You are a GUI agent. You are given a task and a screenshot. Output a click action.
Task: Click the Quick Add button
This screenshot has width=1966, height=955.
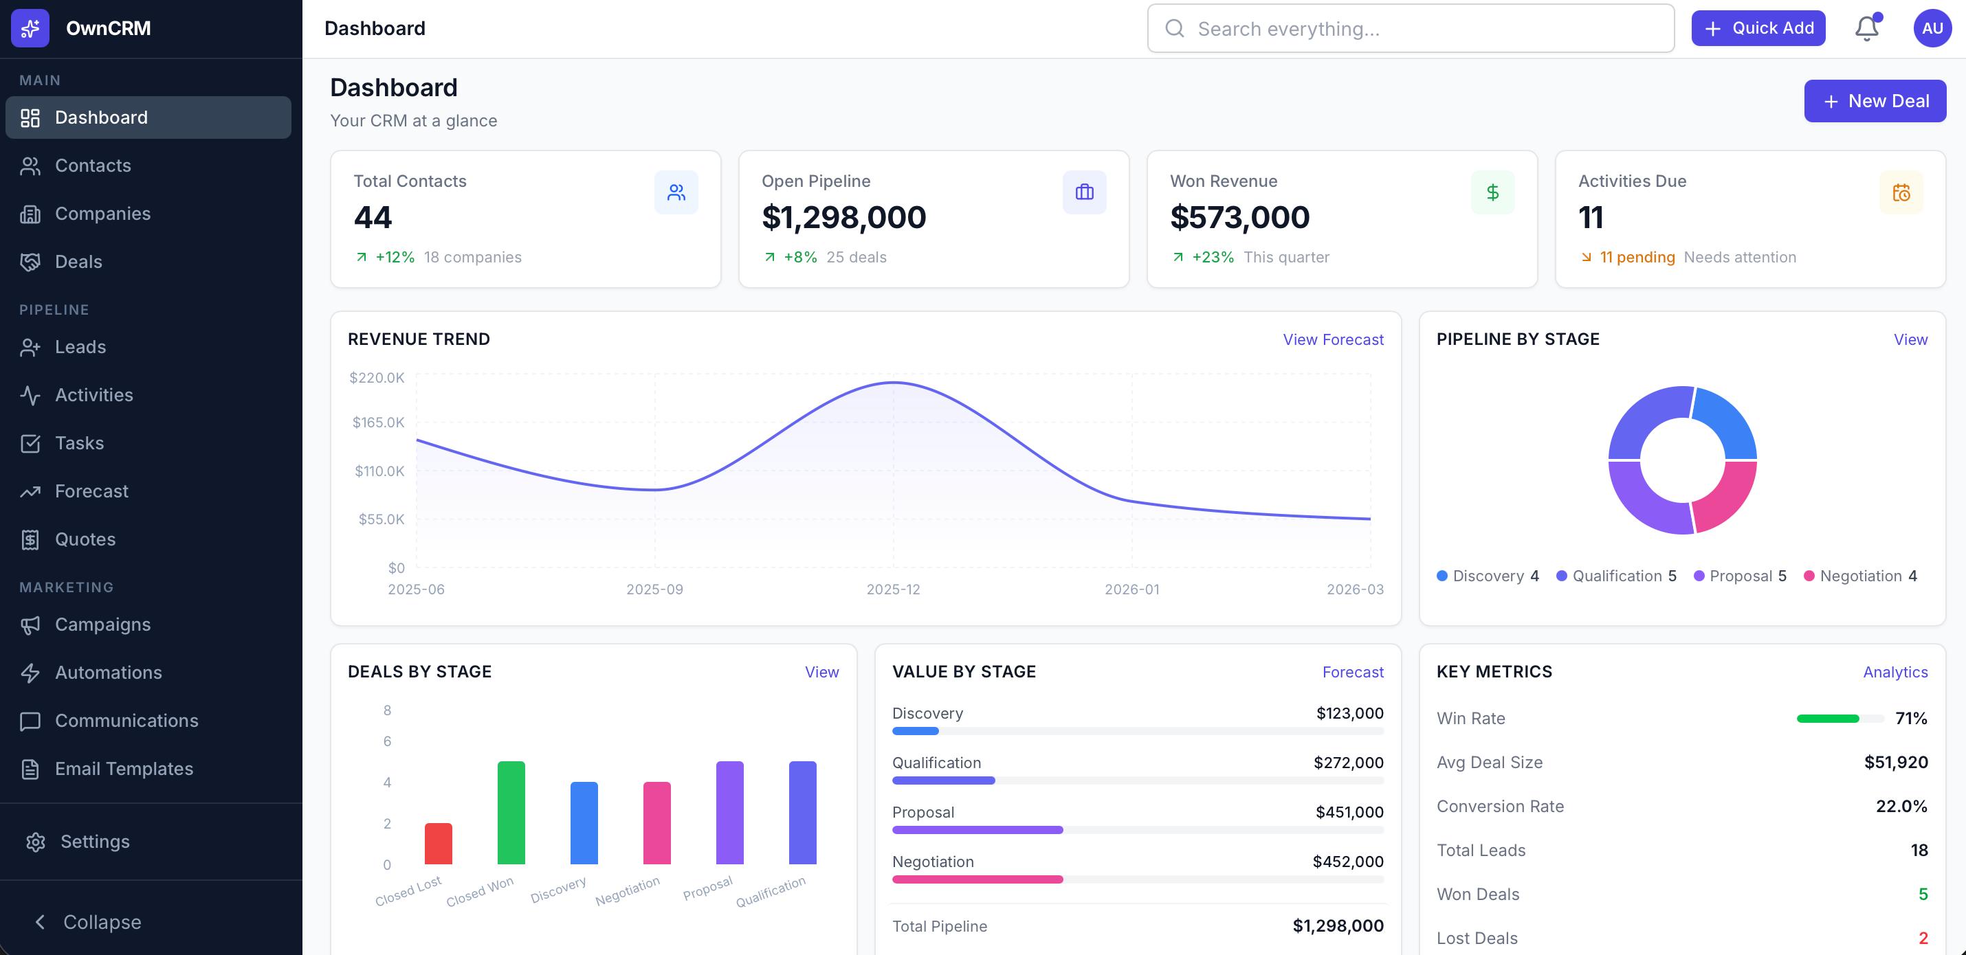(1758, 28)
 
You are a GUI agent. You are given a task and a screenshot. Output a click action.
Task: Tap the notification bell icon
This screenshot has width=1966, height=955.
(1866, 28)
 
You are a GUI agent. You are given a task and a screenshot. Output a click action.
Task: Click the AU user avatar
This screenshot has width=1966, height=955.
(1932, 28)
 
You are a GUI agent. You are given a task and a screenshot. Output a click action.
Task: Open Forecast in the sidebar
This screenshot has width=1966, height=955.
(91, 491)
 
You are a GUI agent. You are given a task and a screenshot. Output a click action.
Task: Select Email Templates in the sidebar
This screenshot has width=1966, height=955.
(124, 769)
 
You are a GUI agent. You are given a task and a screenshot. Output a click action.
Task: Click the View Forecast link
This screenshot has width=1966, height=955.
(1332, 339)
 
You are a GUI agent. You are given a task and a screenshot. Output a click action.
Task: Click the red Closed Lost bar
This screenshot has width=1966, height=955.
(438, 844)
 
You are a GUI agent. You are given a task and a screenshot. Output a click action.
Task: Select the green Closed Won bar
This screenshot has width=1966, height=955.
(511, 813)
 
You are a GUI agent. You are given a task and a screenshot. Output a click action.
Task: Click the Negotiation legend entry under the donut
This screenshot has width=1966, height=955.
(1860, 576)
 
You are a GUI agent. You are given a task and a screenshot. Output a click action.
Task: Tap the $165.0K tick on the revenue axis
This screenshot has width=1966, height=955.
(378, 423)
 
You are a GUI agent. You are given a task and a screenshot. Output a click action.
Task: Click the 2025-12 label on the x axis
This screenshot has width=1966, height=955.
(893, 589)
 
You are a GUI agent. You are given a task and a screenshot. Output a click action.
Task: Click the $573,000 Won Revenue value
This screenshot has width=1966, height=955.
(1239, 217)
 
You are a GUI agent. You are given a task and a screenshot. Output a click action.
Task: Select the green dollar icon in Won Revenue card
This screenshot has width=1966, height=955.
(1492, 192)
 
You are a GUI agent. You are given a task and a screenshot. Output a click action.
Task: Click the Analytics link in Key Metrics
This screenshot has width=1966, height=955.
(1895, 672)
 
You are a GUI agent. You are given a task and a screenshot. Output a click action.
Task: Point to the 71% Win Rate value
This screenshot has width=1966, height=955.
(1910, 719)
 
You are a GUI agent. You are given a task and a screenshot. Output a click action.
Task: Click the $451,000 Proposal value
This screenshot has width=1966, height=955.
(1349, 812)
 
